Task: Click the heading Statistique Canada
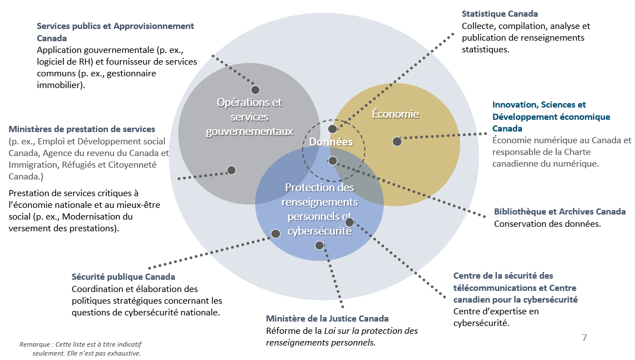[500, 14]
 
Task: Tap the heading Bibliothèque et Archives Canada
[559, 212]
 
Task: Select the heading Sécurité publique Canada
[123, 277]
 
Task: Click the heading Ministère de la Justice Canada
[327, 319]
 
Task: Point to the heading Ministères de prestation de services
[82, 129]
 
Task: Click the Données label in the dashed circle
[331, 142]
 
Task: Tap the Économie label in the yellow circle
[395, 114]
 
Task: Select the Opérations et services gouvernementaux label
[250, 117]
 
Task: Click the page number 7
[584, 338]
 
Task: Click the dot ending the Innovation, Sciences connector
[397, 142]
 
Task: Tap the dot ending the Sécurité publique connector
[275, 234]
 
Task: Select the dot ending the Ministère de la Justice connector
[319, 245]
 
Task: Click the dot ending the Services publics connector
[255, 90]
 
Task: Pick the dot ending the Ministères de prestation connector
[231, 170]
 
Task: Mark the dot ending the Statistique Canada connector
[333, 129]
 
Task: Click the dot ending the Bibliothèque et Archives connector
[333, 160]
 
